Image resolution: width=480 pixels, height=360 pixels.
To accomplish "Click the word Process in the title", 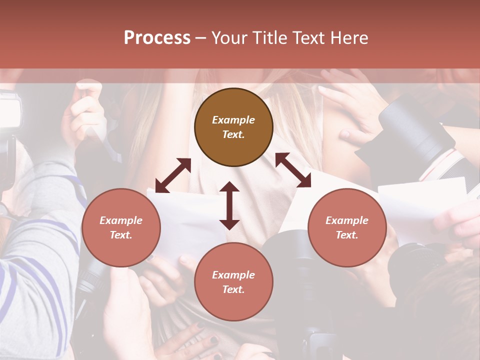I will point(157,38).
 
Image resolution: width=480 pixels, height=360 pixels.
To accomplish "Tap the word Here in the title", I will point(348,38).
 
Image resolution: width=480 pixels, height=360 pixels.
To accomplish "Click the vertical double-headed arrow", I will point(229,205).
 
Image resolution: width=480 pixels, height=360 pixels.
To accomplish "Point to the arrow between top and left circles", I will point(173,175).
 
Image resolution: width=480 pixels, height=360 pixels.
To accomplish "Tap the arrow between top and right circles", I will point(293,170).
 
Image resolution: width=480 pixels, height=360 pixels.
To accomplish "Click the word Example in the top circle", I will point(233,120).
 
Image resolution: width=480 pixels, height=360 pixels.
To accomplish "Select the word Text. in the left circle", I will point(121,235).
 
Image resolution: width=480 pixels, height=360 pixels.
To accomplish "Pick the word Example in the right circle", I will point(347,220).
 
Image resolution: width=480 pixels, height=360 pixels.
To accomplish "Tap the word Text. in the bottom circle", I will point(233,289).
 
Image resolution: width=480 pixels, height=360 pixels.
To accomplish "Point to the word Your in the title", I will point(228,38).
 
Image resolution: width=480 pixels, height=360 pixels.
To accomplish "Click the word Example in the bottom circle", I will point(233,275).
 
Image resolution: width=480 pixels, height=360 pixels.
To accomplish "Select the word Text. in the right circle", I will point(347,235).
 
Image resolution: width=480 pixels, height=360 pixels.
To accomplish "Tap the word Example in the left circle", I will point(121,220).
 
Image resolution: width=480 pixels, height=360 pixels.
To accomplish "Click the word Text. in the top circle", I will point(233,134).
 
